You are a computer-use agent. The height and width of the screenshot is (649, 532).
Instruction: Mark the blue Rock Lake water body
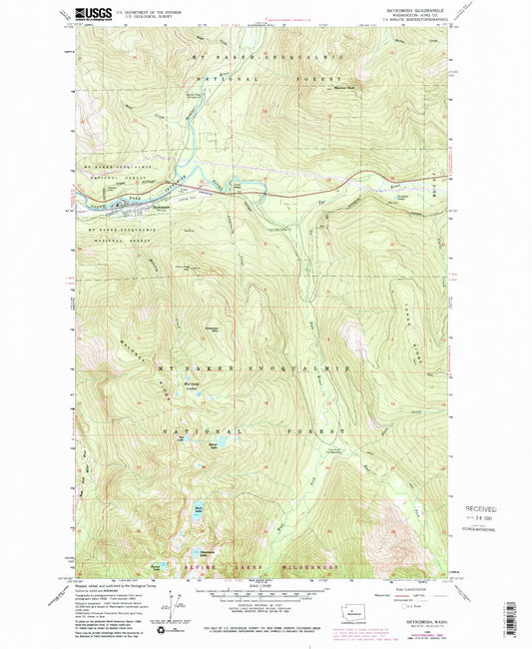tap(199, 512)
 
